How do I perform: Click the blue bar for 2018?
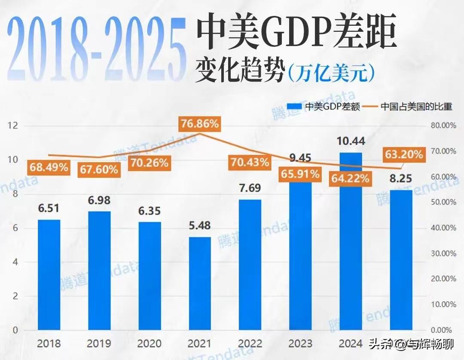(49, 275)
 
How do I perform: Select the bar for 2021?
(199, 284)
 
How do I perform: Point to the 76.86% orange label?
(200, 124)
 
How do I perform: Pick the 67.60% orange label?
(98, 169)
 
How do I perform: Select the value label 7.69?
(250, 188)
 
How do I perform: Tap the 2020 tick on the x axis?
(149, 344)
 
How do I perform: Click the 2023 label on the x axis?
(300, 344)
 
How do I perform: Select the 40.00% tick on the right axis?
(443, 228)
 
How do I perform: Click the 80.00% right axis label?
(443, 125)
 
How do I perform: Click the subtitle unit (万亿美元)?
(331, 73)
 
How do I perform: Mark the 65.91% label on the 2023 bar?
(300, 174)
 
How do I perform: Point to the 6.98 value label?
(99, 200)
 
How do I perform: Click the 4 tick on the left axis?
(15, 262)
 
